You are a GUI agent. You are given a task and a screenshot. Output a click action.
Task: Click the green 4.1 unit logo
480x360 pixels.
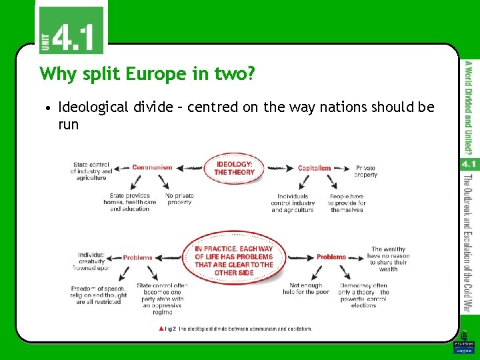(71, 30)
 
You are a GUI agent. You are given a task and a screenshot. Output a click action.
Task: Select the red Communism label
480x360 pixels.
(152, 167)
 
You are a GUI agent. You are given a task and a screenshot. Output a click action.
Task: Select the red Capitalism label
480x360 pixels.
(314, 168)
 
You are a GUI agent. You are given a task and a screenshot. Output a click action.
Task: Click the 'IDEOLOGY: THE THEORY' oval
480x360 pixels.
(234, 168)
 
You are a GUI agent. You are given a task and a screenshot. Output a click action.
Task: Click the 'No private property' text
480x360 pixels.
(179, 199)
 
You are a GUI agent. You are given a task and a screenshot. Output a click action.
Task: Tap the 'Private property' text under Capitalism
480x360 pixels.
(365, 171)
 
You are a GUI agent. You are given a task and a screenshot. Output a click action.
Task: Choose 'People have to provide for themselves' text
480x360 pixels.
(347, 203)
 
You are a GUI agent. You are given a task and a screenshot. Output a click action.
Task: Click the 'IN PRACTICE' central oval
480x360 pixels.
(233, 261)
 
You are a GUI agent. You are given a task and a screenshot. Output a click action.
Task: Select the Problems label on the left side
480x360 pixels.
(137, 257)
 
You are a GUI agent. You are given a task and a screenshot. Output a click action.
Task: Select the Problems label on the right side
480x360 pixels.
(331, 257)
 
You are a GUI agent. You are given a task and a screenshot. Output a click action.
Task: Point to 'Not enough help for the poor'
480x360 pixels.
(306, 289)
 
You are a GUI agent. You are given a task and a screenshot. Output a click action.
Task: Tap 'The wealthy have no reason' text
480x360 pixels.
(388, 259)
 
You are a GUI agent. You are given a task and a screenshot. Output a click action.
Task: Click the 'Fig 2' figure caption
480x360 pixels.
(235, 329)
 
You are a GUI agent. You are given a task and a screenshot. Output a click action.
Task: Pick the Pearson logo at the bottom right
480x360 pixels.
(463, 347)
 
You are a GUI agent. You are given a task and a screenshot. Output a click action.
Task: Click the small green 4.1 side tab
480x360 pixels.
(468, 163)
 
